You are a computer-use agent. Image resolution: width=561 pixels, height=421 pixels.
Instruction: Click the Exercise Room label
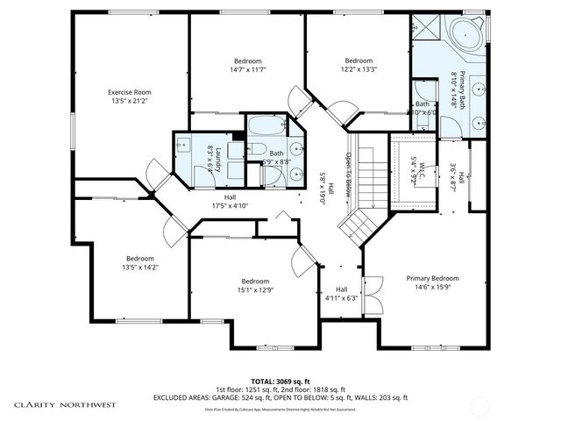[x=130, y=92]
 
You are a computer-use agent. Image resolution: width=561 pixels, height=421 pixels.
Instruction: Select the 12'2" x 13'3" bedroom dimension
[x=358, y=68]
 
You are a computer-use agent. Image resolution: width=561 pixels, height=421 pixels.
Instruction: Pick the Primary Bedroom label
[x=432, y=278]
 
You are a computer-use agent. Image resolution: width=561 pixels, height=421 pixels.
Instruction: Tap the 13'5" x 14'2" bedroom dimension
[x=140, y=268]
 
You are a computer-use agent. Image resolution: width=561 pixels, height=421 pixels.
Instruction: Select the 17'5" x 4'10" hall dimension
[x=231, y=206]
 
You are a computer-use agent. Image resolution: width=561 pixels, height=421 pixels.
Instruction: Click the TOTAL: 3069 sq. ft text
[x=280, y=381]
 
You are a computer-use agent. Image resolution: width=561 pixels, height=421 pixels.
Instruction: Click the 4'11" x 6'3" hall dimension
[x=341, y=298]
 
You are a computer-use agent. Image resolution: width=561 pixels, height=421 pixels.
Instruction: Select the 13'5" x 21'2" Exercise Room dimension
[x=130, y=101]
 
